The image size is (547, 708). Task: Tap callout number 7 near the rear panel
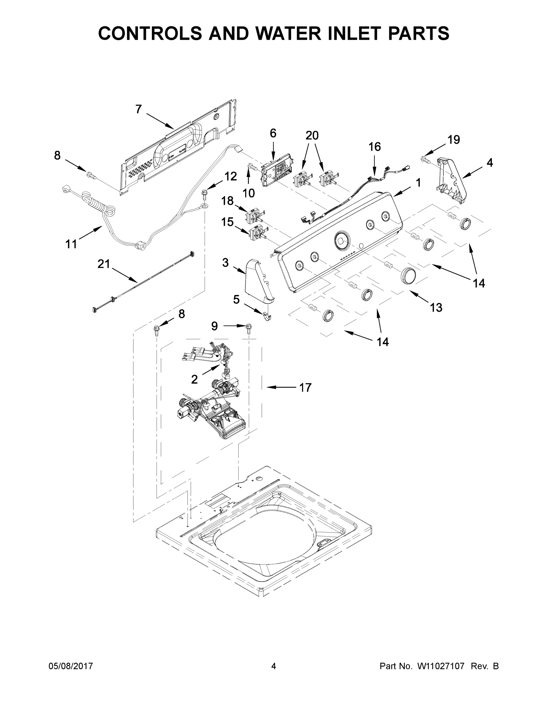(x=138, y=109)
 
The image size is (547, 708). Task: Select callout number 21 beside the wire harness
(x=104, y=264)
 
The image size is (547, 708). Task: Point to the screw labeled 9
(x=249, y=328)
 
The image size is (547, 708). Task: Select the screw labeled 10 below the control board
(x=251, y=167)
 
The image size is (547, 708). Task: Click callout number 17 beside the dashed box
(x=305, y=387)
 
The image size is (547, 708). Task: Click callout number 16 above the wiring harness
(x=374, y=147)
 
